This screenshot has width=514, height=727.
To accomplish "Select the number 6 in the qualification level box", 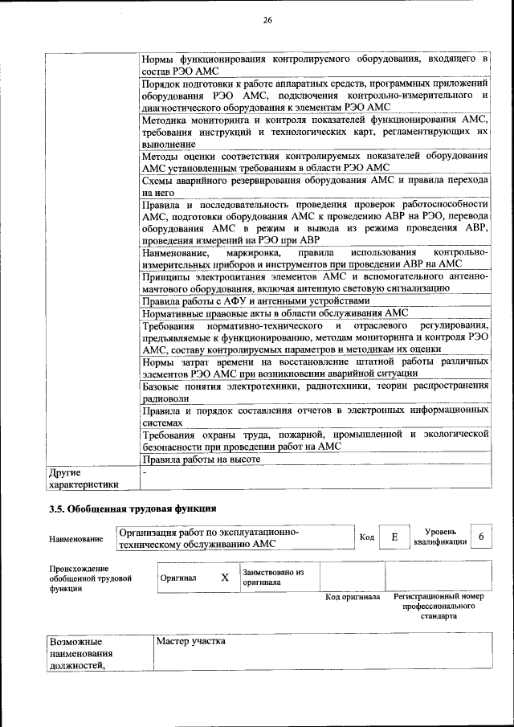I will point(480,537).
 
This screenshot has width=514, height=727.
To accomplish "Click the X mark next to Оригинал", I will point(225,578).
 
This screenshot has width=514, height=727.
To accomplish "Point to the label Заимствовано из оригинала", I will point(273,578).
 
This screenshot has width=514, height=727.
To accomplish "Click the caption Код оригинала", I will point(353,598).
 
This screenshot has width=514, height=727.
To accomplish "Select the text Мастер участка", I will point(191,642).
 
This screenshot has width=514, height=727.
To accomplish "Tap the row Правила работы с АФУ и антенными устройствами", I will point(255,300).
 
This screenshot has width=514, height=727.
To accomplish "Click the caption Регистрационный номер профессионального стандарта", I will point(439,607).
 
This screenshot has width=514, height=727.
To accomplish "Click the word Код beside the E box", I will point(367,537).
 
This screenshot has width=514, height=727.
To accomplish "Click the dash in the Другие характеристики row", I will point(144,472).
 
